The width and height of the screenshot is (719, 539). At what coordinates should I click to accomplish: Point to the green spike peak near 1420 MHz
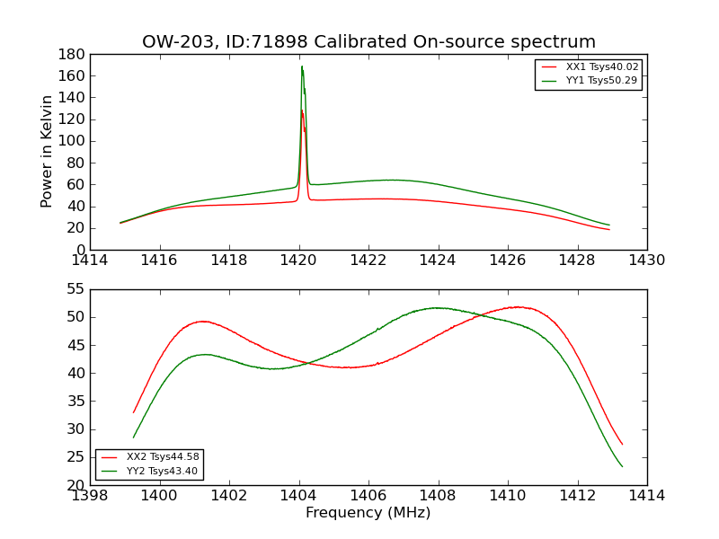click(x=302, y=66)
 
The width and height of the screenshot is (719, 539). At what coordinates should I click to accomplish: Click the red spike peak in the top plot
click(x=302, y=110)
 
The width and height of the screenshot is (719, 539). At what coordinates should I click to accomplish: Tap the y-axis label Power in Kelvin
click(x=47, y=152)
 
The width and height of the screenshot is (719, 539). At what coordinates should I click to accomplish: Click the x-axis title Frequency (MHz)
click(x=368, y=513)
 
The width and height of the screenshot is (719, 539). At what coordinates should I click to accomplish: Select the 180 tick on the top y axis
click(x=73, y=54)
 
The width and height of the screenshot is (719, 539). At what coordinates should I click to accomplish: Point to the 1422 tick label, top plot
click(x=368, y=261)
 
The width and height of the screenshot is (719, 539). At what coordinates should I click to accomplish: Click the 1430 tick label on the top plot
click(x=647, y=261)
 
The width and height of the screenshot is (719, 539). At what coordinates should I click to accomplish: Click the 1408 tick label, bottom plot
click(x=439, y=497)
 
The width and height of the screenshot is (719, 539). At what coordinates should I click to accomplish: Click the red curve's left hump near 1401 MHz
click(x=203, y=321)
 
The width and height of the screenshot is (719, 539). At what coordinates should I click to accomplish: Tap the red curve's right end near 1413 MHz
click(x=622, y=444)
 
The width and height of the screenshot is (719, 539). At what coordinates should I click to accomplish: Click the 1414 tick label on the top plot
click(x=90, y=261)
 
